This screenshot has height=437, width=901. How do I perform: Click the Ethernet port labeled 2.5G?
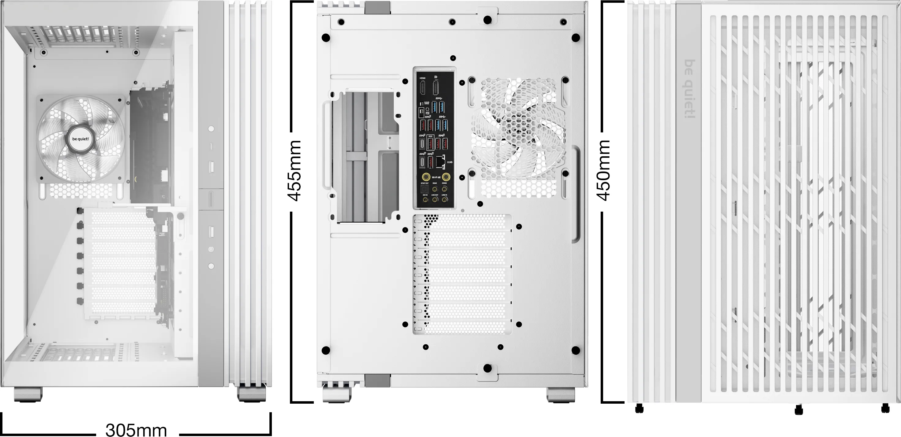441,162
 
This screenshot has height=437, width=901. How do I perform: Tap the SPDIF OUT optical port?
424,189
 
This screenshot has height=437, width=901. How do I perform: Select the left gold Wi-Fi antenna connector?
426,177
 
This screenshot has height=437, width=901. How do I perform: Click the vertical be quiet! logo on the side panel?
690,89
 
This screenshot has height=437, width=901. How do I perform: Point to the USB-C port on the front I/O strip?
211,146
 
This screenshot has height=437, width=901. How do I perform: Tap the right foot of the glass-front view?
251,394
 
